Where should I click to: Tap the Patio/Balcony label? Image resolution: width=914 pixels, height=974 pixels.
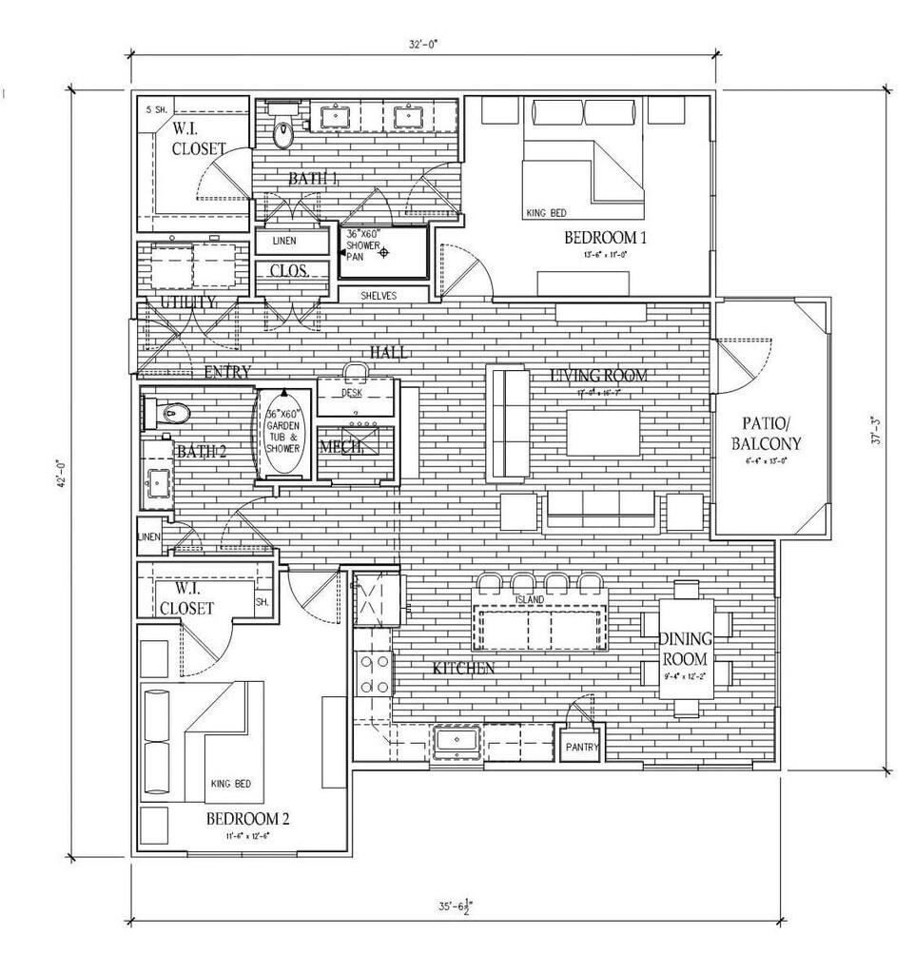(x=766, y=434)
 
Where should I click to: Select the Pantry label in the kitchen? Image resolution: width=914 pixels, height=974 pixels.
(x=582, y=748)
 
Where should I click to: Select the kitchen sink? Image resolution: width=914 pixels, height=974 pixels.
(x=458, y=741)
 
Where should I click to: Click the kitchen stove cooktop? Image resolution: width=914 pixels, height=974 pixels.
(x=374, y=673)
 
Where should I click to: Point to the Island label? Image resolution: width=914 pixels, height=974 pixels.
(x=530, y=599)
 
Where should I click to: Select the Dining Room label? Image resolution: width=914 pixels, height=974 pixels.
(x=685, y=649)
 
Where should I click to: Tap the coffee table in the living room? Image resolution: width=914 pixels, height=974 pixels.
(x=603, y=432)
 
